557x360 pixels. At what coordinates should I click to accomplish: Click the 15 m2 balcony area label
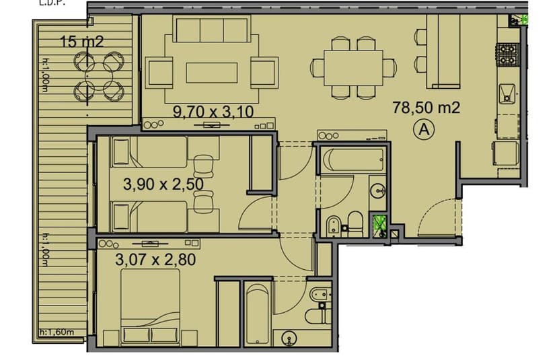pyautogui.click(x=81, y=41)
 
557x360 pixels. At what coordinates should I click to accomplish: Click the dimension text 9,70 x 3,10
pyautogui.click(x=213, y=112)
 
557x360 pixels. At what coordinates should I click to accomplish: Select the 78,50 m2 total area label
pyautogui.click(x=426, y=108)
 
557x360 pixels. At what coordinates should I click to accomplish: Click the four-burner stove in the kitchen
pyautogui.click(x=506, y=55)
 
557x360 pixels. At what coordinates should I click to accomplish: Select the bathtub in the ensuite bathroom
pyautogui.click(x=256, y=315)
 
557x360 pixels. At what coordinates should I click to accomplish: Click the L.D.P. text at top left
pyautogui.click(x=42, y=3)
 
